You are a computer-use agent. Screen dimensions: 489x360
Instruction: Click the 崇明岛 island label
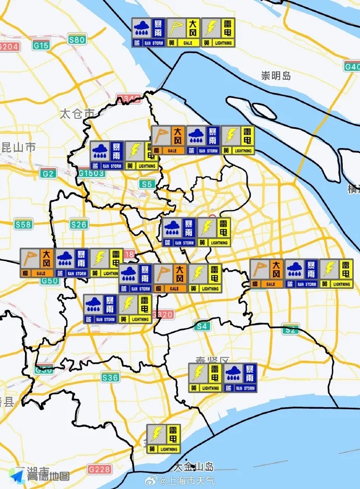(276, 76)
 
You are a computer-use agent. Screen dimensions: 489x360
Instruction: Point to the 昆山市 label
(19, 148)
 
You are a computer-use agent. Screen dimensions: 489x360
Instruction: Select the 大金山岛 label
(194, 466)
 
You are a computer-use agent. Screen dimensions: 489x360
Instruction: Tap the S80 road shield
(77, 40)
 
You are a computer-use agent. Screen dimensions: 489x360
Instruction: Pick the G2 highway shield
(49, 173)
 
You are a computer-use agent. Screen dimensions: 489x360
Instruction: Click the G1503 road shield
(91, 173)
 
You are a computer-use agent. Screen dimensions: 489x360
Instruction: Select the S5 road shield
(147, 184)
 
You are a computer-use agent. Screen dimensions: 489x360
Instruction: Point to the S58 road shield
(23, 225)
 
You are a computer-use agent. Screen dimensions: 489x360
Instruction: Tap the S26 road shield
(79, 225)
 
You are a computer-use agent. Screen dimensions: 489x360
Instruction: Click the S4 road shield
(202, 326)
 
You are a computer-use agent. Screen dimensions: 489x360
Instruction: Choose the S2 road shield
(291, 329)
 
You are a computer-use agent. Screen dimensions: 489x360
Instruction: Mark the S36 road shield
(110, 377)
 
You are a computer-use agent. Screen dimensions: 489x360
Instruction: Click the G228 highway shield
(99, 469)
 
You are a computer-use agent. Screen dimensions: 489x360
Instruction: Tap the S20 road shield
(164, 314)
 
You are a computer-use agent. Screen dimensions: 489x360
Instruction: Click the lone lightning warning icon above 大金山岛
(164, 438)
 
